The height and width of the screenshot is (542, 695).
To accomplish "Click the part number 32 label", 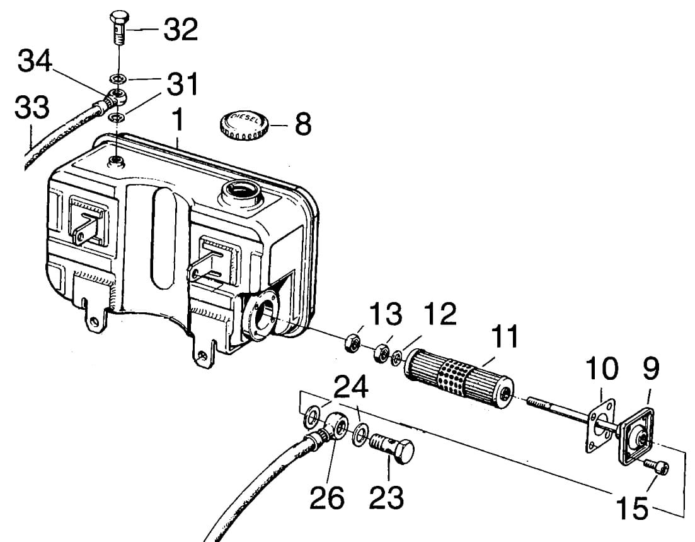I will pyautogui.click(x=181, y=29).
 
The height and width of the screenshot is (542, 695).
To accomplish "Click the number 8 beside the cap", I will pyautogui.click(x=303, y=124).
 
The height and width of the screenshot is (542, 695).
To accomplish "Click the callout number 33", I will pyautogui.click(x=32, y=107).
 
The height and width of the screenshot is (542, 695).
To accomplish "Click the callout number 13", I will pyautogui.click(x=386, y=313).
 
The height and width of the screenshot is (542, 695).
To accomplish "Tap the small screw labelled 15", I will pyautogui.click(x=657, y=468).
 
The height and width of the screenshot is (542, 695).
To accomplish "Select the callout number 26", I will pyautogui.click(x=327, y=498).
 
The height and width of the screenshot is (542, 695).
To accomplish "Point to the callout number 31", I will pyautogui.click(x=181, y=83).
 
